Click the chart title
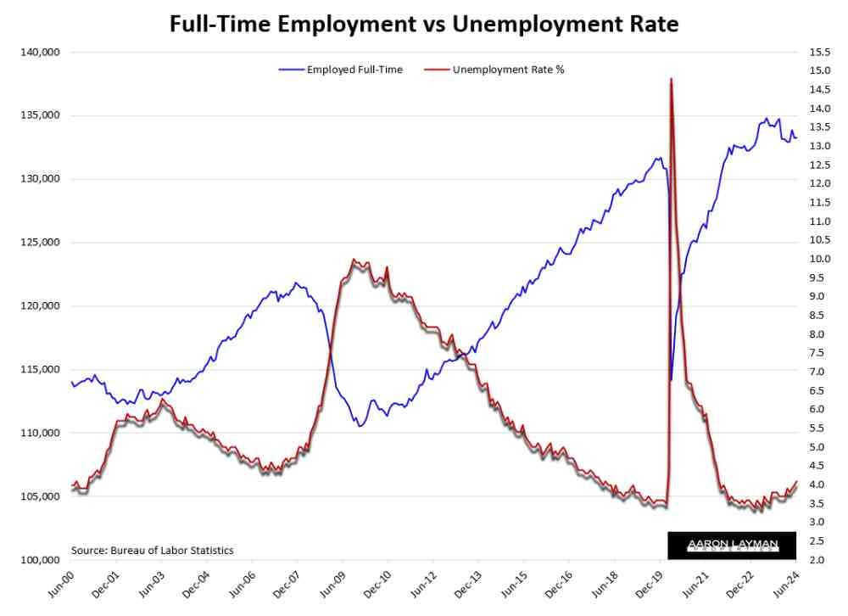tap(424, 24)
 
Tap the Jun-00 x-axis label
tap(59, 586)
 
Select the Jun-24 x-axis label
tap(784, 586)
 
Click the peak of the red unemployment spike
tap(672, 79)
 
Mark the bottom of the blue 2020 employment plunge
tap(671, 380)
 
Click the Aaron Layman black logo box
tap(732, 545)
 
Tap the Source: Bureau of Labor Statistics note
tap(153, 550)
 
